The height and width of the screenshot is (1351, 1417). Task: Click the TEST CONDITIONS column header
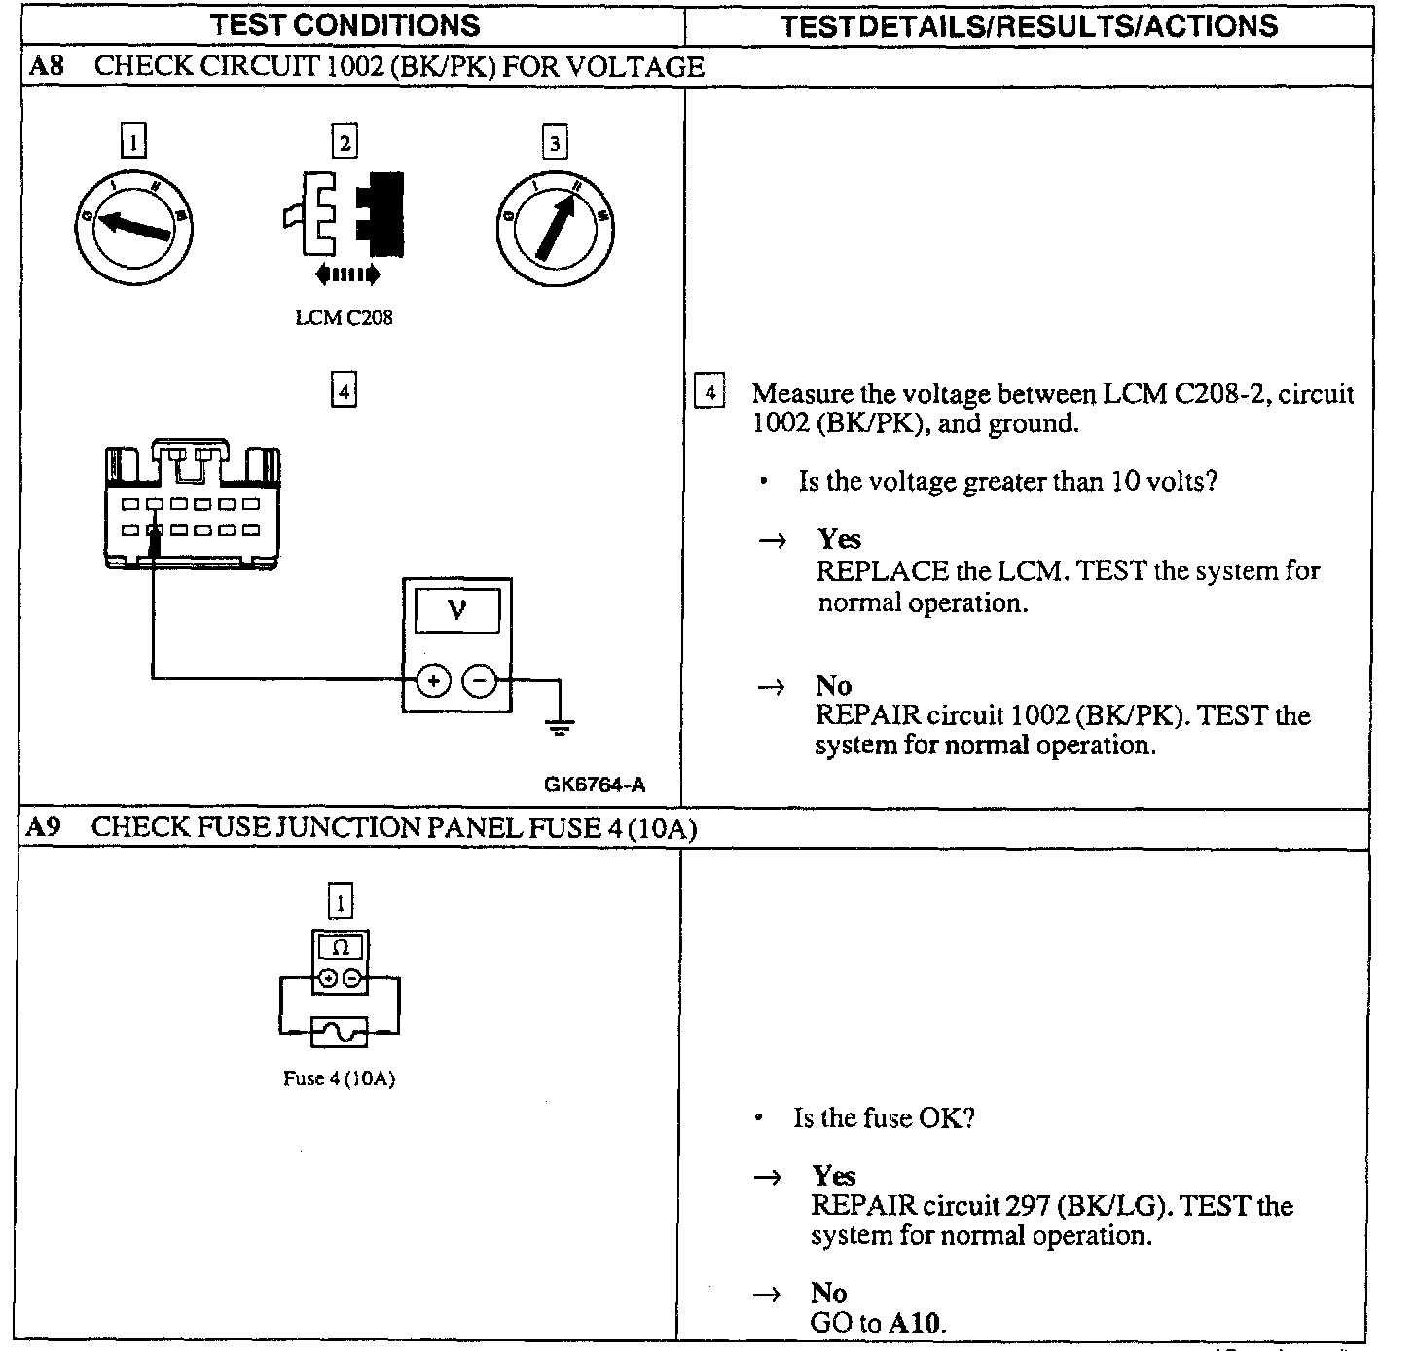point(345,25)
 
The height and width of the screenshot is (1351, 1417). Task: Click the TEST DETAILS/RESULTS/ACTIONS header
point(1029,25)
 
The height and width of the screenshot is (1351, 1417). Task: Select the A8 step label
point(45,66)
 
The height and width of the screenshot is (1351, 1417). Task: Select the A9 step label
point(44,827)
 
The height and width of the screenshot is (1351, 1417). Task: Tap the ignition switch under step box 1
point(132,226)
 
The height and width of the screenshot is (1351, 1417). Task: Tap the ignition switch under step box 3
point(555,231)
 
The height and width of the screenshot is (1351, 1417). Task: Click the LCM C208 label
point(344,317)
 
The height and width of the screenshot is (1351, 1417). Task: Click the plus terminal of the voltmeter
point(433,680)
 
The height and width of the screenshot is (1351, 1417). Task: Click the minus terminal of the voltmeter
point(478,680)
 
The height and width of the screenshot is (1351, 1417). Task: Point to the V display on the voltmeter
point(456,611)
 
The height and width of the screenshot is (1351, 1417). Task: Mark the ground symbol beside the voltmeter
point(560,725)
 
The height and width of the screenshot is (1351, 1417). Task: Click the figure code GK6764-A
point(595,785)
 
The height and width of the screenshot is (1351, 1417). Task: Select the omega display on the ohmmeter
point(340,947)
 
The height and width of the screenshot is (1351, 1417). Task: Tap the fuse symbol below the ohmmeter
point(340,1031)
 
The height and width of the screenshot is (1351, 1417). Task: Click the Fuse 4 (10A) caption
point(339,1078)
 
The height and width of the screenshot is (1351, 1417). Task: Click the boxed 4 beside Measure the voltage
point(710,393)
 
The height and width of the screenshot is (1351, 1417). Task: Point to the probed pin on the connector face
point(154,530)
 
